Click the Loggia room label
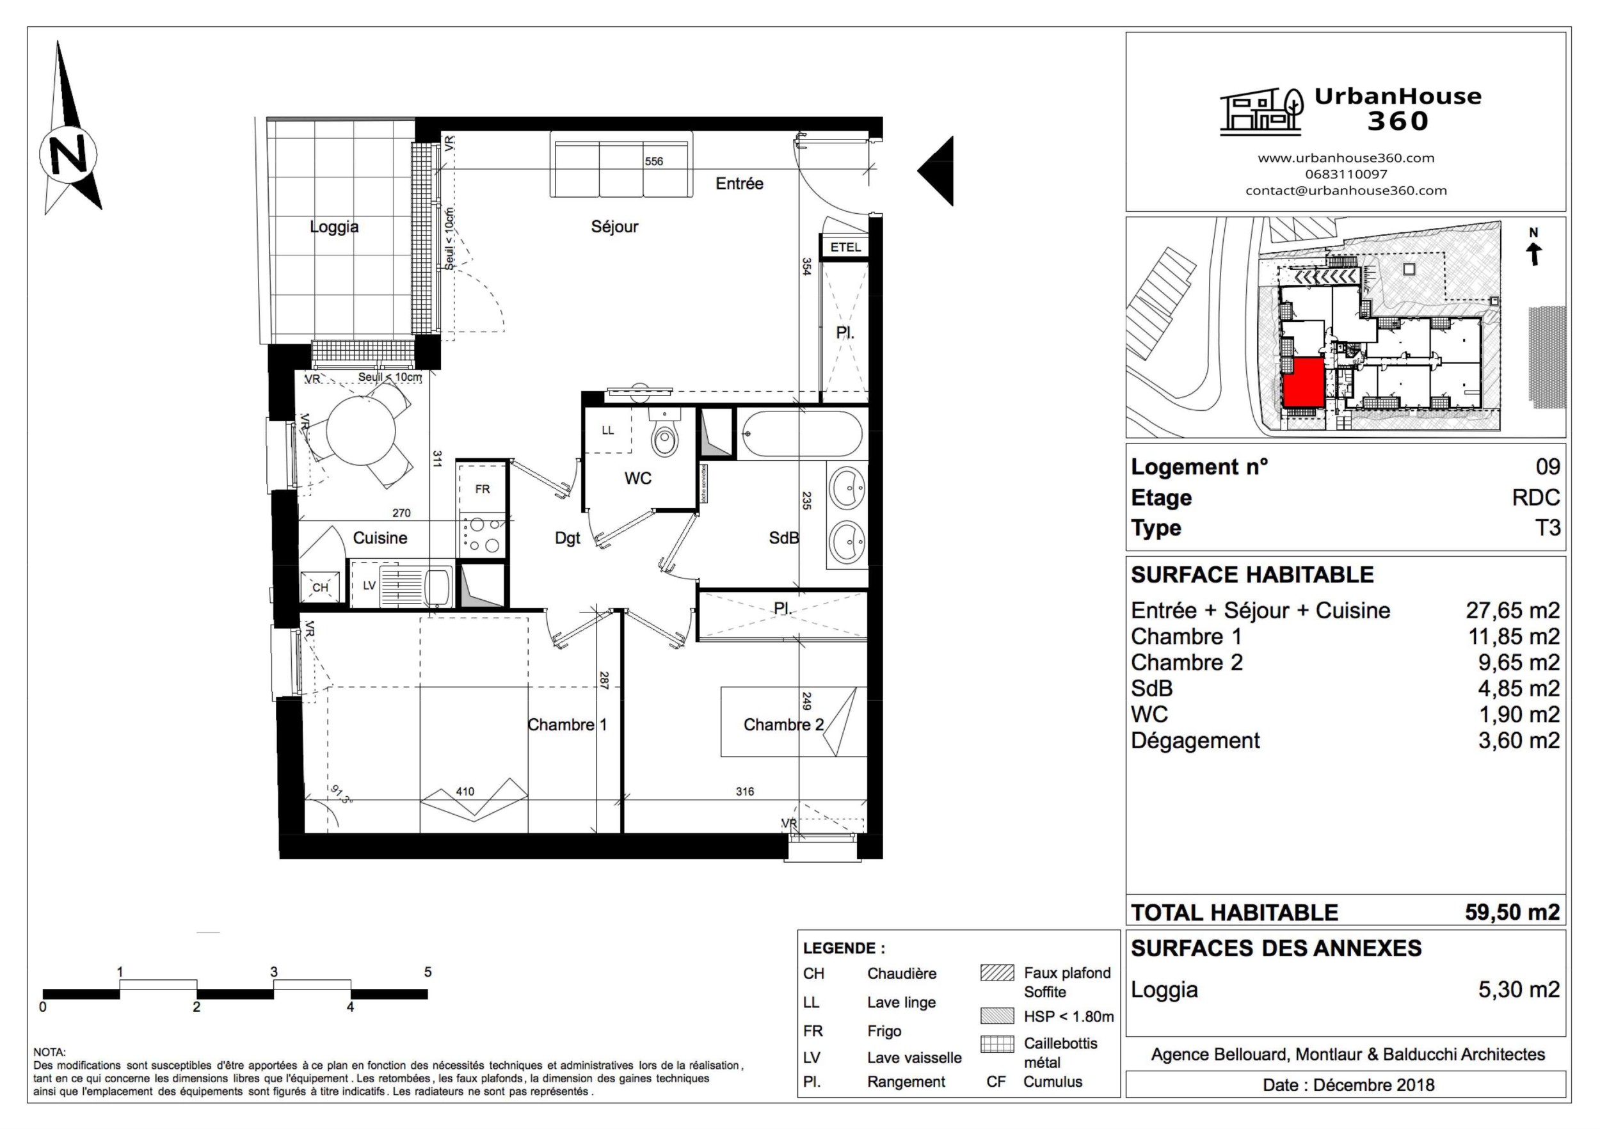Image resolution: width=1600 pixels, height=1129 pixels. coord(334,227)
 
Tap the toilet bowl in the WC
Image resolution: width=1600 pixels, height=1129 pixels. coord(665,436)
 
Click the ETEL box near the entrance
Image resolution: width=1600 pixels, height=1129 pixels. coord(845,248)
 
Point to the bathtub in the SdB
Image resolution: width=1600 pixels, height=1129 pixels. coord(801,433)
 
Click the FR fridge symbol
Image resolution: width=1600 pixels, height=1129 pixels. coord(482,489)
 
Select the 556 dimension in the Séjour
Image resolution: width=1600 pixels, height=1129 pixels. coord(653,161)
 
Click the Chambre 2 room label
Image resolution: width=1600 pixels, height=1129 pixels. coord(783,725)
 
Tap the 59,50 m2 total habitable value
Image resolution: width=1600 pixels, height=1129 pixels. coord(1512,912)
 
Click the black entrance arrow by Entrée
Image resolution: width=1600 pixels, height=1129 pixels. coord(938,171)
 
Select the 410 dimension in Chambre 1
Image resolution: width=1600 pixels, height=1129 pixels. coord(465,791)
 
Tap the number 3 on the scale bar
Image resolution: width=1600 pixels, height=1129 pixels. coord(274,972)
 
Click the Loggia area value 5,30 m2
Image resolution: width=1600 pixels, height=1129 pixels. coord(1519,989)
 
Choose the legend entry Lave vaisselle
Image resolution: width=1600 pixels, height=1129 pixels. coord(913,1057)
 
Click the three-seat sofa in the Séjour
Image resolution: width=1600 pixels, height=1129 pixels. coord(621,164)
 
